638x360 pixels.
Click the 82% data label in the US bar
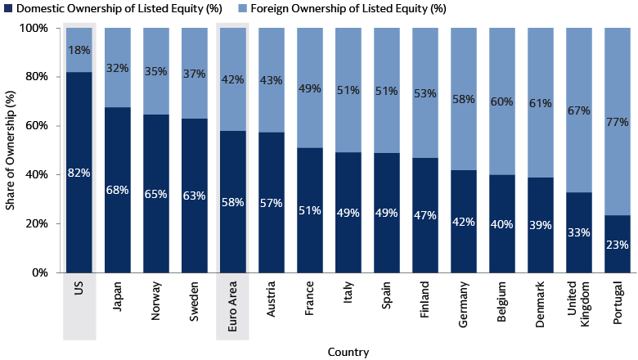click(79, 173)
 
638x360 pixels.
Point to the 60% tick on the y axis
click(38, 126)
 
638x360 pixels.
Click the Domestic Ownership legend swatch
click(6, 9)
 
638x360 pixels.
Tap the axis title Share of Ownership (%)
click(11, 150)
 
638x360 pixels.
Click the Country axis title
click(348, 353)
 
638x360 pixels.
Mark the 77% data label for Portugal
click(618, 123)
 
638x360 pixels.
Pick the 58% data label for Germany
click(464, 99)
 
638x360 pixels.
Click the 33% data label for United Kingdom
click(579, 232)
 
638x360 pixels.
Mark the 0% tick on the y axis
click(40, 272)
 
